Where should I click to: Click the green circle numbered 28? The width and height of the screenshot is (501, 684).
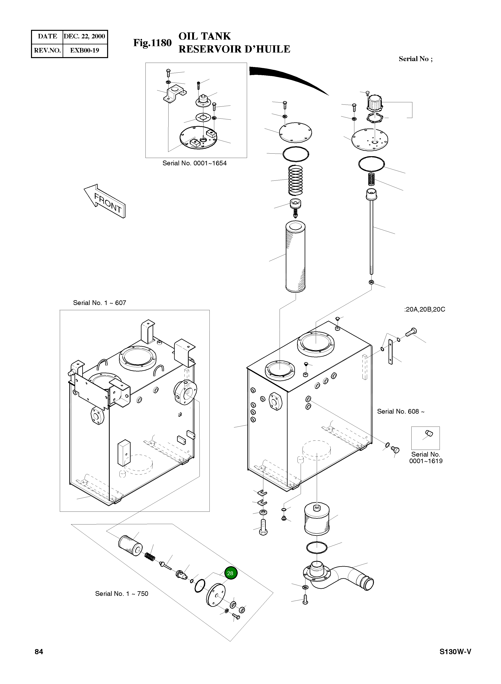(230, 573)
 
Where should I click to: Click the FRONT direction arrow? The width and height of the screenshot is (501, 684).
(105, 201)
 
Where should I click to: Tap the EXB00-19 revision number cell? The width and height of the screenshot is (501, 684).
(85, 50)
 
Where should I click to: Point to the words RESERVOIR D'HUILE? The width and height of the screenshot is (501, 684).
(234, 49)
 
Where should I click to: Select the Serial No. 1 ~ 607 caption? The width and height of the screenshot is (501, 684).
(100, 303)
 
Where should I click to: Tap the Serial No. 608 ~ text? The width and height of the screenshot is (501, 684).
(400, 411)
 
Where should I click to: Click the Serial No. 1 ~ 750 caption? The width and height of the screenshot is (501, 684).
(122, 593)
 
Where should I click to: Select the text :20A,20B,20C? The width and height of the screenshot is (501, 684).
(424, 310)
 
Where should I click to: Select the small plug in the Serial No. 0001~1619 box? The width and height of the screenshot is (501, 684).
(428, 434)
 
